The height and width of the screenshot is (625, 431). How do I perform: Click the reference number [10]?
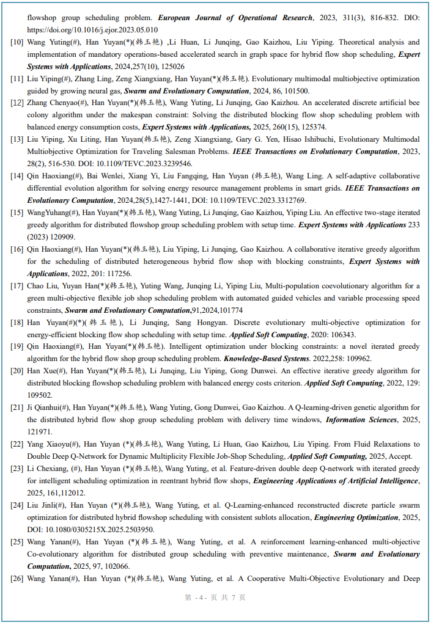coord(18,43)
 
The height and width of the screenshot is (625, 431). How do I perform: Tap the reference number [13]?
coord(18,140)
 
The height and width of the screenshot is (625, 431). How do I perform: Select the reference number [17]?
coord(18,286)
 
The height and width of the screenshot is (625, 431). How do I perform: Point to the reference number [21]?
coord(18,408)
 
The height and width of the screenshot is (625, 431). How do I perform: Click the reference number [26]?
coord(18,578)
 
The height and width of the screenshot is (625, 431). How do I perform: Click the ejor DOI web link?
coord(92,30)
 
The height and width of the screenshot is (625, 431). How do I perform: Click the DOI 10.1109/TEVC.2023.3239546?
coord(140,164)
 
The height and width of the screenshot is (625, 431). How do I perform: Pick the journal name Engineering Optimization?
coord(356,517)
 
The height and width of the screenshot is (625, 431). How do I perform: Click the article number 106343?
coord(345,335)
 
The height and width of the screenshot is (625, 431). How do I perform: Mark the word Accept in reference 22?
coord(400,456)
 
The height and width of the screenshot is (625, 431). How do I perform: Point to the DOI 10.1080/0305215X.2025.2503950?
coord(90,530)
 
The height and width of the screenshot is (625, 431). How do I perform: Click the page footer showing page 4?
coord(215,598)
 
